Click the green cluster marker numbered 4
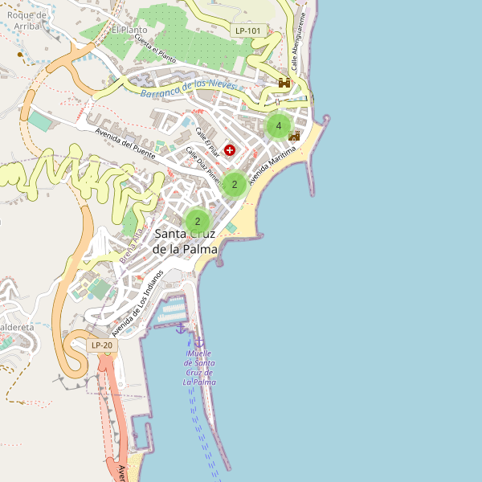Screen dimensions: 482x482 278,126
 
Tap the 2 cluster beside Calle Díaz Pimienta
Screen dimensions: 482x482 234,185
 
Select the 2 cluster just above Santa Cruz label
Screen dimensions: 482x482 197,221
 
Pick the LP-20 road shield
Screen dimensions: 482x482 102,345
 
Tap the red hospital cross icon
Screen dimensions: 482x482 231,149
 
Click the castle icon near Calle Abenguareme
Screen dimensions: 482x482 284,83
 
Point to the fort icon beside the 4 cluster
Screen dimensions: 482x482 294,137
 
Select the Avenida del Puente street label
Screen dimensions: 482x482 125,143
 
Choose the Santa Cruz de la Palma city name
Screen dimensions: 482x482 186,241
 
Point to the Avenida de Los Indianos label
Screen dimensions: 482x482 137,303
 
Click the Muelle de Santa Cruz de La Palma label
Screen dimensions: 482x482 199,367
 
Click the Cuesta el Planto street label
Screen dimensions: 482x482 155,49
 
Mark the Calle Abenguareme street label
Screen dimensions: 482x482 298,43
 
